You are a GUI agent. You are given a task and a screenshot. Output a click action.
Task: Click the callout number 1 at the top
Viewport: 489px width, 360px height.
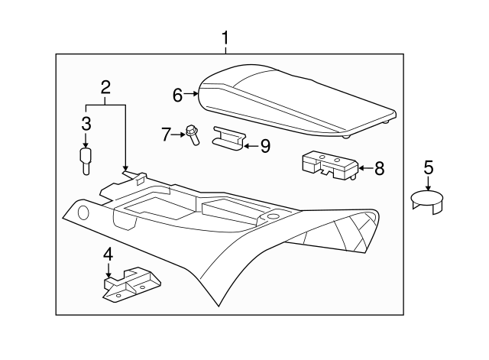click(225, 37)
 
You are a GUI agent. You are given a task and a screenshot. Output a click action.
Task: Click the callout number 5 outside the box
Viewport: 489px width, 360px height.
click(428, 167)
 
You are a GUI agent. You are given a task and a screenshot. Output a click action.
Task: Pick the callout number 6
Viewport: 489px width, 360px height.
click(177, 95)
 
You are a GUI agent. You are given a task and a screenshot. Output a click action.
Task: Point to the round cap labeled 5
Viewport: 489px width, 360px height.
click(429, 202)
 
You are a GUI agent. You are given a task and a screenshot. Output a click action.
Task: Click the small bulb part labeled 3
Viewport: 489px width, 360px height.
click(86, 161)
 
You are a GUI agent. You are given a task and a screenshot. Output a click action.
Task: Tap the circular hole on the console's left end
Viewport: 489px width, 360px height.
click(83, 212)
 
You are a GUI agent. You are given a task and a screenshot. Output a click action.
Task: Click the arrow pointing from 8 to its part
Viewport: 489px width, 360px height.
click(364, 167)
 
